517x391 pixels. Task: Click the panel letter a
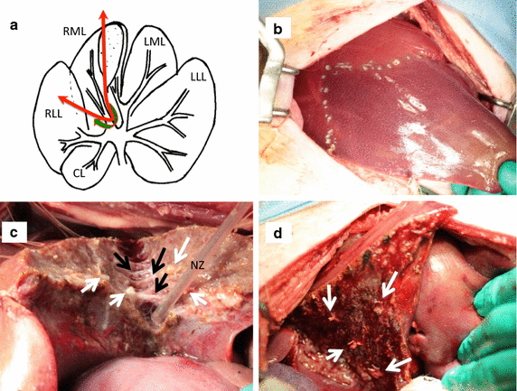point(14,25)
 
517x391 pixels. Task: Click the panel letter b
point(278,29)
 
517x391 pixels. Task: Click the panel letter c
point(14,232)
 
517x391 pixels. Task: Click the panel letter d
point(278,233)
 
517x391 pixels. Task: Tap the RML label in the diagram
point(74,32)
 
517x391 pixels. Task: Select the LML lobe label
point(155,42)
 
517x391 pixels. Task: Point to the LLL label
point(198,77)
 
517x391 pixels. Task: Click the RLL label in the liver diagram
point(53,115)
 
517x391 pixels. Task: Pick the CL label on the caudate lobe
point(80,173)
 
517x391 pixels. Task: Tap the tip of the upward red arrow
point(104,10)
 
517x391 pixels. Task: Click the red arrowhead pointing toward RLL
point(62,98)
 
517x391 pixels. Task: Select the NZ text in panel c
point(197,265)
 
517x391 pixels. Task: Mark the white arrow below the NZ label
point(199,298)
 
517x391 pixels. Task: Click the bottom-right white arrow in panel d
point(399,365)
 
